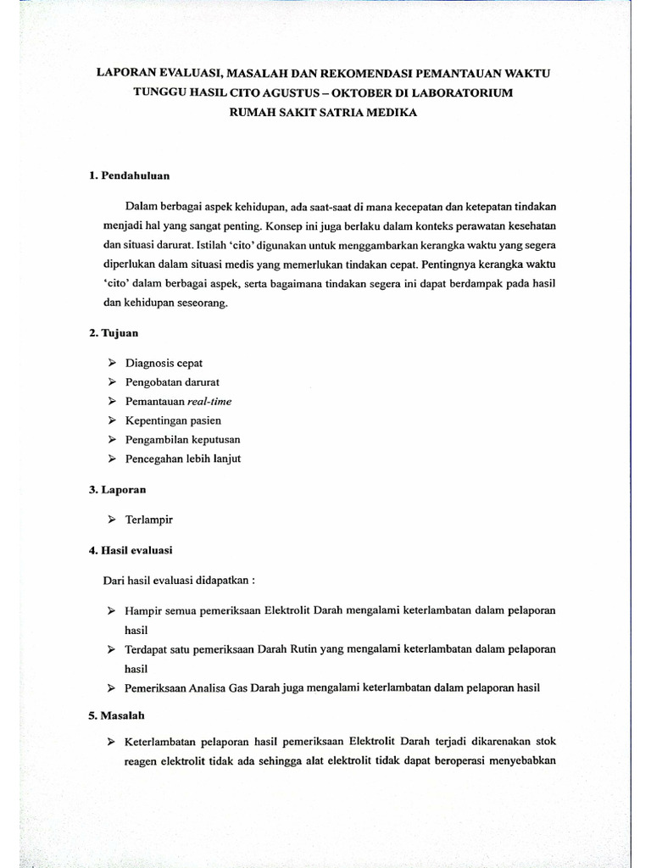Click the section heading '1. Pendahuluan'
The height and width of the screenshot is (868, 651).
pos(130,175)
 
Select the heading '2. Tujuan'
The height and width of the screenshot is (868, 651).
pos(114,333)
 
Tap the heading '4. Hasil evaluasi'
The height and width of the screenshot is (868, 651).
pos(131,550)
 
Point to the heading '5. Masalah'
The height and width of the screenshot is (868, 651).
pos(117,715)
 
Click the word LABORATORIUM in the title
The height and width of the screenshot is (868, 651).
pos(454,92)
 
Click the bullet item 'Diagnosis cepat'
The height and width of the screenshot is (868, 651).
pos(164,363)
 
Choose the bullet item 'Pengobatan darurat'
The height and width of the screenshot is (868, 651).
pos(172,381)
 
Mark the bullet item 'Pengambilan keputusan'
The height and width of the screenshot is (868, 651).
pos(182,439)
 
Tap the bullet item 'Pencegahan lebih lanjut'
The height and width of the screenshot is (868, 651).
pos(183,459)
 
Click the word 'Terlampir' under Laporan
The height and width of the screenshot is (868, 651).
pos(149,519)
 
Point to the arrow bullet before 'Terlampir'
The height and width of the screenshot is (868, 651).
pos(112,519)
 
